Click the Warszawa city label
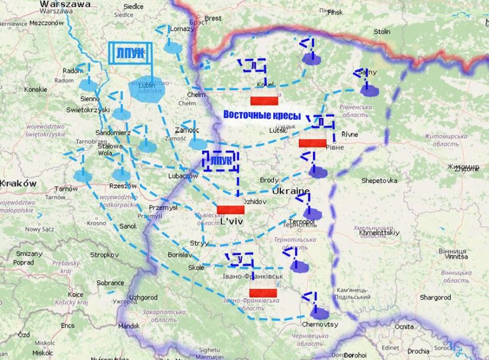65,4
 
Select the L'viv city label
232,222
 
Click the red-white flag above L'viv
231,209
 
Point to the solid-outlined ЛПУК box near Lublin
130,53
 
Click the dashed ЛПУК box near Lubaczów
220,160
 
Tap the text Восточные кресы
262,114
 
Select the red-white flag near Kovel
264,100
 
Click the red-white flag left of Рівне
312,143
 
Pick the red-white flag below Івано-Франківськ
264,293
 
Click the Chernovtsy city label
320,324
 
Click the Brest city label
213,18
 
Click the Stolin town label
382,31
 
